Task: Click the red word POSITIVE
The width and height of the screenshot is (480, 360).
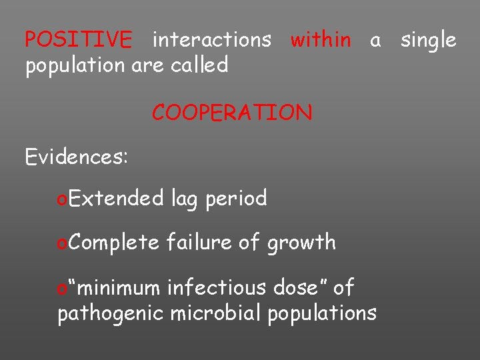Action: (x=78, y=40)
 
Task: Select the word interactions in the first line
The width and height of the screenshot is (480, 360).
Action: (x=211, y=40)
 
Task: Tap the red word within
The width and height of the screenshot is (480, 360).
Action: (x=321, y=40)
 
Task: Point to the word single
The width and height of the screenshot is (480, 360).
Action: (x=428, y=40)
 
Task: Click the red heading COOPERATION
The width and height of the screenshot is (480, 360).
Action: (x=231, y=113)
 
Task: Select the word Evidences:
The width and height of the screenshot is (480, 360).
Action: (x=76, y=157)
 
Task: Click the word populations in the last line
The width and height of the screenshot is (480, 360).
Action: (x=322, y=313)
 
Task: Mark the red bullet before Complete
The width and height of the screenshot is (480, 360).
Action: (x=62, y=243)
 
